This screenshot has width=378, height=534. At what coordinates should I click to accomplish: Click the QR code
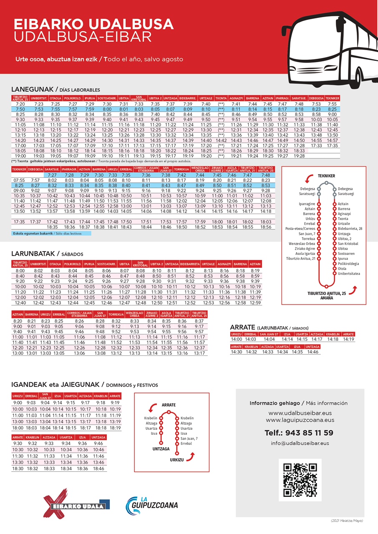coord(300,479)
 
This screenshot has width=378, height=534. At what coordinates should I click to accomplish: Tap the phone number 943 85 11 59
coord(299,433)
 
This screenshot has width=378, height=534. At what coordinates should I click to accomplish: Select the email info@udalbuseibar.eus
coord(300,443)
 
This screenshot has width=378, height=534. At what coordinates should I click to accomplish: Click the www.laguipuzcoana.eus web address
coord(300,420)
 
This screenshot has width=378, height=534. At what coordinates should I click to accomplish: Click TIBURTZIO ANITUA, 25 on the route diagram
coord(326,294)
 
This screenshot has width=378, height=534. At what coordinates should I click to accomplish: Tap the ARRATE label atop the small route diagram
coord(169,405)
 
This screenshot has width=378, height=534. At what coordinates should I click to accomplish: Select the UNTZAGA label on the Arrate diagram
coord(159,449)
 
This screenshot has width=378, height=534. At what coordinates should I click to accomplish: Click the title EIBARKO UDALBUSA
coord(88,24)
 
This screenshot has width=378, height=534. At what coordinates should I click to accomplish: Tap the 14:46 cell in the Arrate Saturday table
coord(312,352)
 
